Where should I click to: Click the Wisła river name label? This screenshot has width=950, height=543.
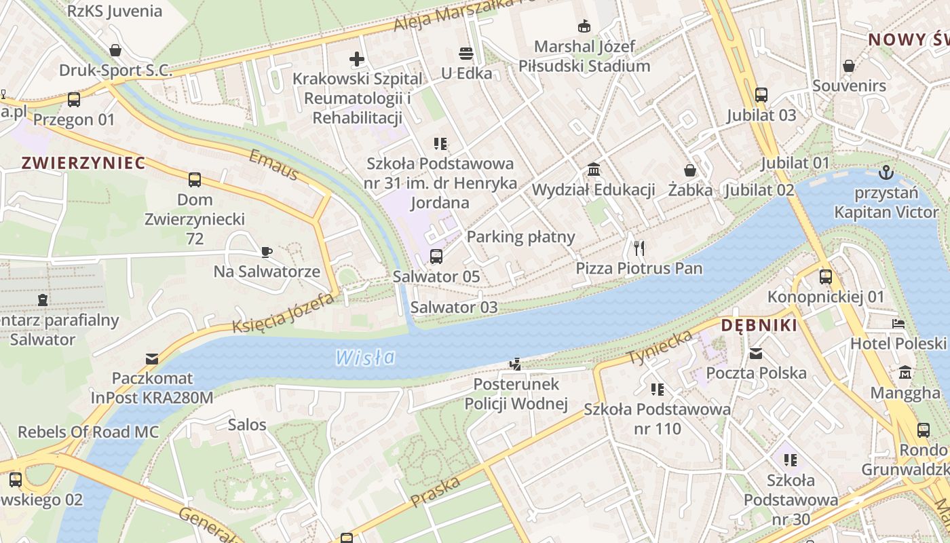[365, 357]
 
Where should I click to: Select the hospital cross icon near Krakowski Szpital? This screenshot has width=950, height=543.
[357, 59]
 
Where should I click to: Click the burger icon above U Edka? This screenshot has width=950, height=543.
[465, 53]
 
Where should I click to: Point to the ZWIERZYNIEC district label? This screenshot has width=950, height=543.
[83, 163]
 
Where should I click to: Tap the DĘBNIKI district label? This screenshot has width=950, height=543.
[759, 326]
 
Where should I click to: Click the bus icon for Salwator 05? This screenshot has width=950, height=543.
[436, 257]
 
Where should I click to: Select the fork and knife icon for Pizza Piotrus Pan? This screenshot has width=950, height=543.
[639, 248]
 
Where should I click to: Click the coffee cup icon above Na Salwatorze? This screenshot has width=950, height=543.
[267, 252]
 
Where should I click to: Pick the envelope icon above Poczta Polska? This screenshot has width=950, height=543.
[756, 353]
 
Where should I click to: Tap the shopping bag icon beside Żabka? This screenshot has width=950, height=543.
[690, 170]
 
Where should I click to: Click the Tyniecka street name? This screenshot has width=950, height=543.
[659, 347]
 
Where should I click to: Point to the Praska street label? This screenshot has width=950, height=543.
[435, 491]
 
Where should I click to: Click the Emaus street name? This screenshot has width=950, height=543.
[273, 166]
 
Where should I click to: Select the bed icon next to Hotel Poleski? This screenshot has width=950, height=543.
[898, 324]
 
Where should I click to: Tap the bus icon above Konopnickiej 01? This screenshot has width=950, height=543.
[825, 277]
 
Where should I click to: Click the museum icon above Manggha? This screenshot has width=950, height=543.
[905, 373]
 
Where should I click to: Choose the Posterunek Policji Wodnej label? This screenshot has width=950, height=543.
[516, 394]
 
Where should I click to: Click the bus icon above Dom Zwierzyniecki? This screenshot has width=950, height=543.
[195, 180]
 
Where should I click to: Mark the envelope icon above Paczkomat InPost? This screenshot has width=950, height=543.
[152, 358]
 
